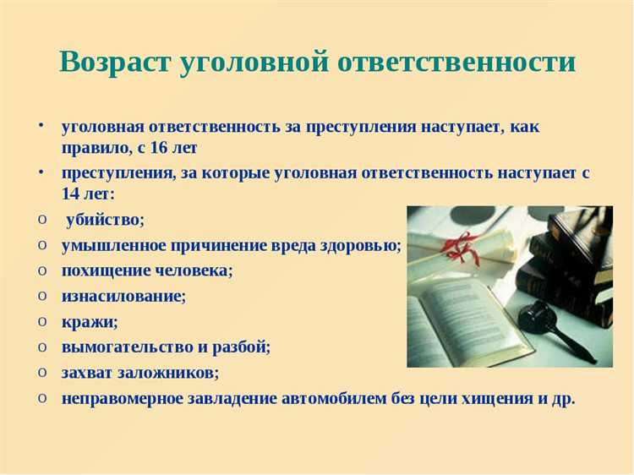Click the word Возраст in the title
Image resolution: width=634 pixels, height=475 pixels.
[113, 62]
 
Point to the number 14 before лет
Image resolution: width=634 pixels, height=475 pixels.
[72, 193]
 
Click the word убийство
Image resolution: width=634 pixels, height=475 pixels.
[106, 219]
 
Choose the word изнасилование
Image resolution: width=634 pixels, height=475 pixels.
[123, 296]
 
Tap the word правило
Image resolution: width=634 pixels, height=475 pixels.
[94, 148]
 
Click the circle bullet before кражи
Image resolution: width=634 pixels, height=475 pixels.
[43, 321]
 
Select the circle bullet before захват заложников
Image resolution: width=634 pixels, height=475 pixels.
[43, 372]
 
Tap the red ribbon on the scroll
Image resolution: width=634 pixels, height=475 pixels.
[460, 245]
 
